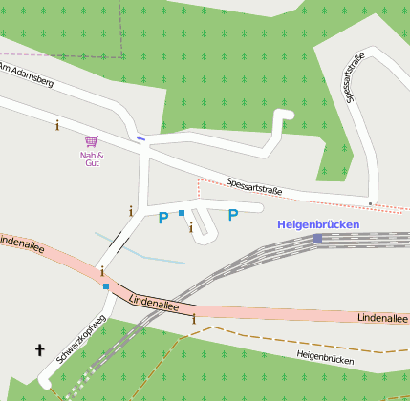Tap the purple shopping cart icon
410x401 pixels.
91,141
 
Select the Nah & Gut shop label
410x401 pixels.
91,158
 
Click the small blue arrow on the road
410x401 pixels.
141,138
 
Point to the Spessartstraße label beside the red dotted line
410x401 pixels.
254,186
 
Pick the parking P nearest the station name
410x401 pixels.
232,215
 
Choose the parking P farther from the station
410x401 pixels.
162,218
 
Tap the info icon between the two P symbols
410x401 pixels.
191,227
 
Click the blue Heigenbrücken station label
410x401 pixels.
318,224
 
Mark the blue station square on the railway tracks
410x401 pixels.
317,238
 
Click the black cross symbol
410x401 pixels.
40,350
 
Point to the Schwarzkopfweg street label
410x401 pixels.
76,337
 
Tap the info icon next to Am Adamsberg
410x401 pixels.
57,124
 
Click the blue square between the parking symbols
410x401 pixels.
181,212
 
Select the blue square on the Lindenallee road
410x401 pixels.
106,286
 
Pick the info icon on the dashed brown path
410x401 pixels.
194,319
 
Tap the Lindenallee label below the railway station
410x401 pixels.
382,317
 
